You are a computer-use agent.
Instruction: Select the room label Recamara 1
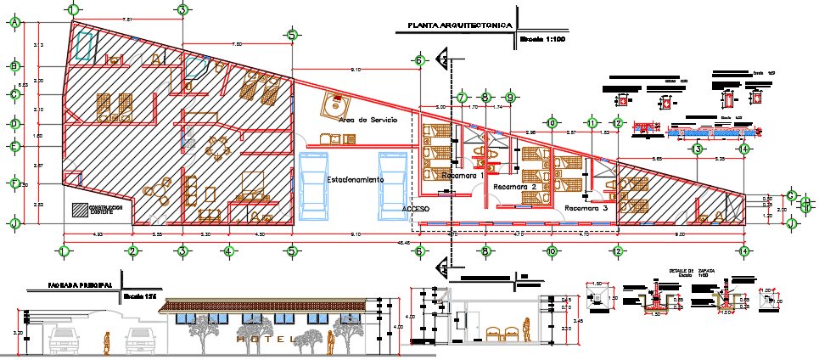coord(461,175)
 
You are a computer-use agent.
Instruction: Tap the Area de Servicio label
coord(367,121)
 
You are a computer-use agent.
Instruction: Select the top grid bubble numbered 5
coord(292,36)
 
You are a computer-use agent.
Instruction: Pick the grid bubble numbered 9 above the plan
coord(510,97)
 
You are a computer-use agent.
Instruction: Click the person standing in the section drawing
coord(527,329)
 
